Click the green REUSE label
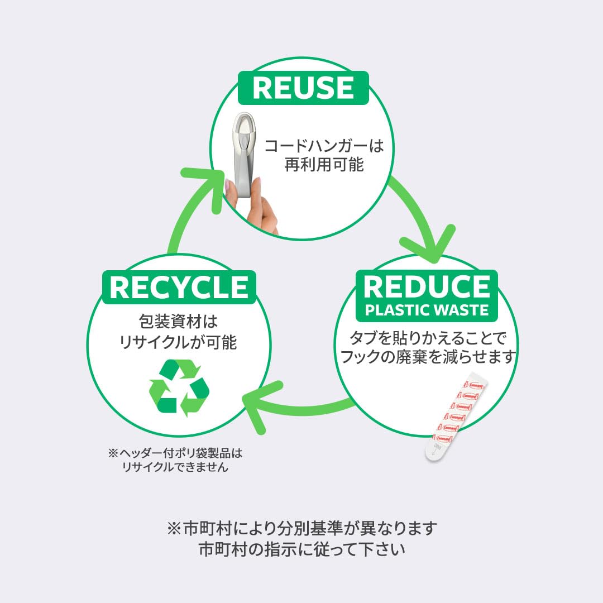[303, 88]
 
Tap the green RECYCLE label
[179, 287]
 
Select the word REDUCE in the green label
[427, 286]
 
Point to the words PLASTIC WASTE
[427, 310]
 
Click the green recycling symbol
[179, 387]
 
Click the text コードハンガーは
[324, 147]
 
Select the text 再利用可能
[324, 166]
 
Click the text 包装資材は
[178, 323]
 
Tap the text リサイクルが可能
[179, 342]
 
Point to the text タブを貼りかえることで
[427, 338]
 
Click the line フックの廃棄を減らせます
[427, 357]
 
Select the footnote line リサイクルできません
[176, 467]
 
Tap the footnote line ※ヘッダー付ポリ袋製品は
[176, 452]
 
